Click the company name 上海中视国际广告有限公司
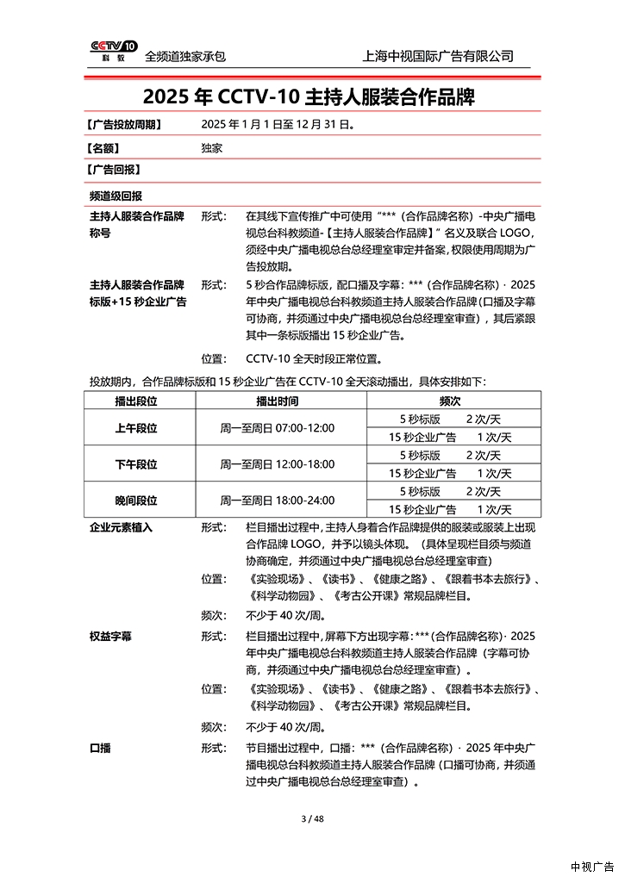[x=439, y=56]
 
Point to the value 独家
[x=211, y=147]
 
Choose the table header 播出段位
[x=136, y=401]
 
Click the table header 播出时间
[x=277, y=401]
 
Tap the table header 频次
[x=450, y=401]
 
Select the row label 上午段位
[x=136, y=428]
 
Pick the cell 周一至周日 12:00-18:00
[x=277, y=464]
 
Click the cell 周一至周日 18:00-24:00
[x=277, y=501]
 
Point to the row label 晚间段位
[x=136, y=501]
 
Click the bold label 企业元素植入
[x=121, y=527]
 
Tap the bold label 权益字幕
[x=110, y=637]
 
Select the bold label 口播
[x=100, y=747]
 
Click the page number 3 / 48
[x=311, y=818]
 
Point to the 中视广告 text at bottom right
[x=592, y=867]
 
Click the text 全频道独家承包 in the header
[x=185, y=56]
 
